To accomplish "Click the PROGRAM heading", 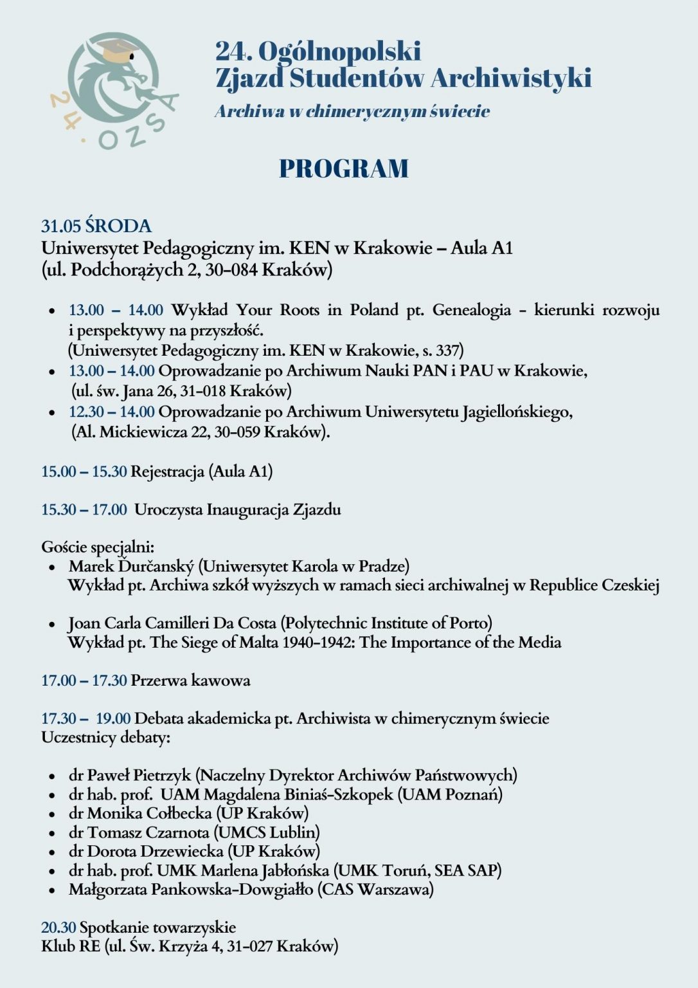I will (344, 169).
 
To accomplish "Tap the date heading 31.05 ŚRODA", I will (96, 226).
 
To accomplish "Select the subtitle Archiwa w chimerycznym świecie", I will (352, 111).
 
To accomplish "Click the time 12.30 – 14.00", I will (112, 412).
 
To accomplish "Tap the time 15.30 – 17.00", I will (84, 509).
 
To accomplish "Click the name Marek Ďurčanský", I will (131, 566).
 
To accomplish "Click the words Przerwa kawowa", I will (190, 681).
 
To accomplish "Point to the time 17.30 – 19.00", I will (86, 718).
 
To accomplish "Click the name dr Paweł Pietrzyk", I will (130, 775).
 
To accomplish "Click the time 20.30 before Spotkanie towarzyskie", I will (58, 928).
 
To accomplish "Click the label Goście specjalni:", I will (98, 547).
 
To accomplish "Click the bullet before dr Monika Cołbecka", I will (52, 814).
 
